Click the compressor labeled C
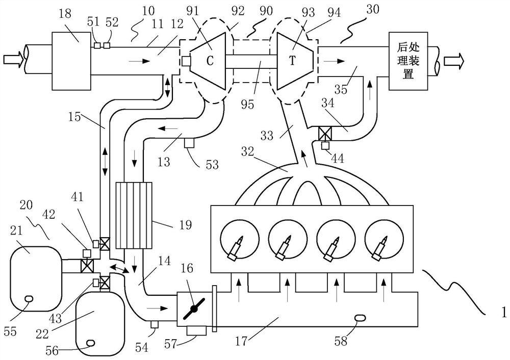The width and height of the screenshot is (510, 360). point(209,60)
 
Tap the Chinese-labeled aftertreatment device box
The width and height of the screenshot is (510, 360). point(408,61)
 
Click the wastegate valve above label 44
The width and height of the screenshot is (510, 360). point(325,134)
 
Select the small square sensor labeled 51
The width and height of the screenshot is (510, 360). point(97,46)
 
